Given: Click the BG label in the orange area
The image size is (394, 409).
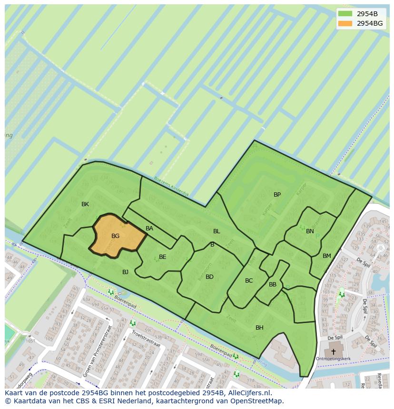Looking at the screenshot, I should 115,236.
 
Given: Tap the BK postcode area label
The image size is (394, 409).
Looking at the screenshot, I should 85,204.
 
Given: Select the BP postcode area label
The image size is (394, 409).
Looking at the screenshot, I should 277,195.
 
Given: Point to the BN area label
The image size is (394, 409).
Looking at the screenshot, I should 310,231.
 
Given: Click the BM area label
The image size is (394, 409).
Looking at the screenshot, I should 326,256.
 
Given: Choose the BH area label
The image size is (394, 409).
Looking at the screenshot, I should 259,328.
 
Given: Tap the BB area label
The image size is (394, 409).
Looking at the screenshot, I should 273,285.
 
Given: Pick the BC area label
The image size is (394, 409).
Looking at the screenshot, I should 249,281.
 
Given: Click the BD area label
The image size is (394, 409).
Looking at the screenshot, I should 209,277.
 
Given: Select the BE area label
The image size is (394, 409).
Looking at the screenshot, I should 162,257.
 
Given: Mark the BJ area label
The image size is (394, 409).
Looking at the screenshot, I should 125,272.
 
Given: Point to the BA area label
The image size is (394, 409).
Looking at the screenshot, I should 149,228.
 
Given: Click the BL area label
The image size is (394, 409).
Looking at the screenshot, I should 217,231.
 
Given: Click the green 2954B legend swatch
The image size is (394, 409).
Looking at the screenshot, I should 345,14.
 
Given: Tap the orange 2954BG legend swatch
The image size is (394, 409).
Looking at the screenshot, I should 345,23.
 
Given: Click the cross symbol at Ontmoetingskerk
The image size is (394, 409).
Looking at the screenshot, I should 333,352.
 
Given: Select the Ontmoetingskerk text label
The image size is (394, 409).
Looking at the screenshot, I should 333,359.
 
